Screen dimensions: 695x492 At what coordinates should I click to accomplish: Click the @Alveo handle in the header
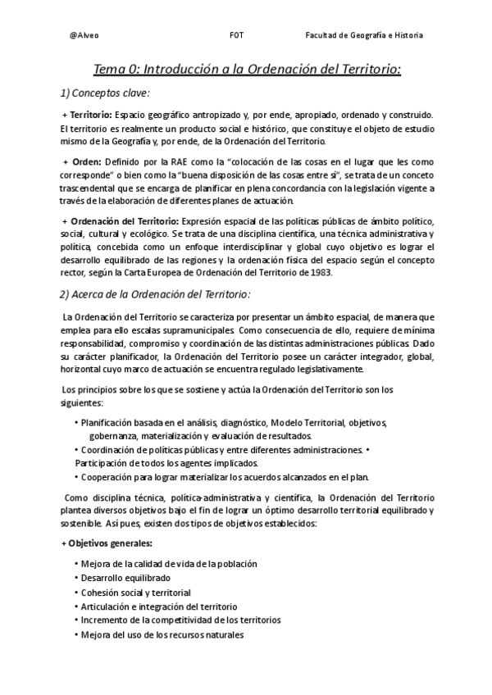pyautogui.click(x=86, y=36)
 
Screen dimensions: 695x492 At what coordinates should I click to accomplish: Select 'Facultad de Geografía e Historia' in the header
pyautogui.click(x=364, y=36)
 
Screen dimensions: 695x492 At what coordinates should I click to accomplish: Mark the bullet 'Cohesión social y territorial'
pyautogui.click(x=135, y=592)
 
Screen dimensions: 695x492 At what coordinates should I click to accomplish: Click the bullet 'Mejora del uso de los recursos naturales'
pyautogui.click(x=162, y=634)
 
